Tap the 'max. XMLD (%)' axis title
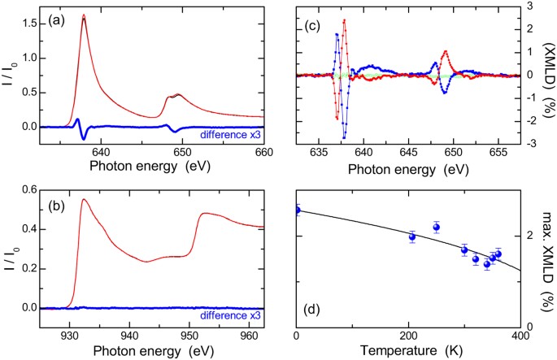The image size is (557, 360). [548, 257]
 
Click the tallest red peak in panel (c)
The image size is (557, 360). [345, 20]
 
